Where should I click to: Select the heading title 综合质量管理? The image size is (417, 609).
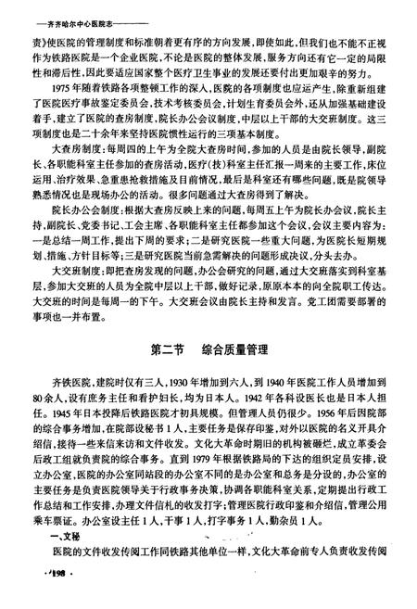[x=236, y=351]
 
